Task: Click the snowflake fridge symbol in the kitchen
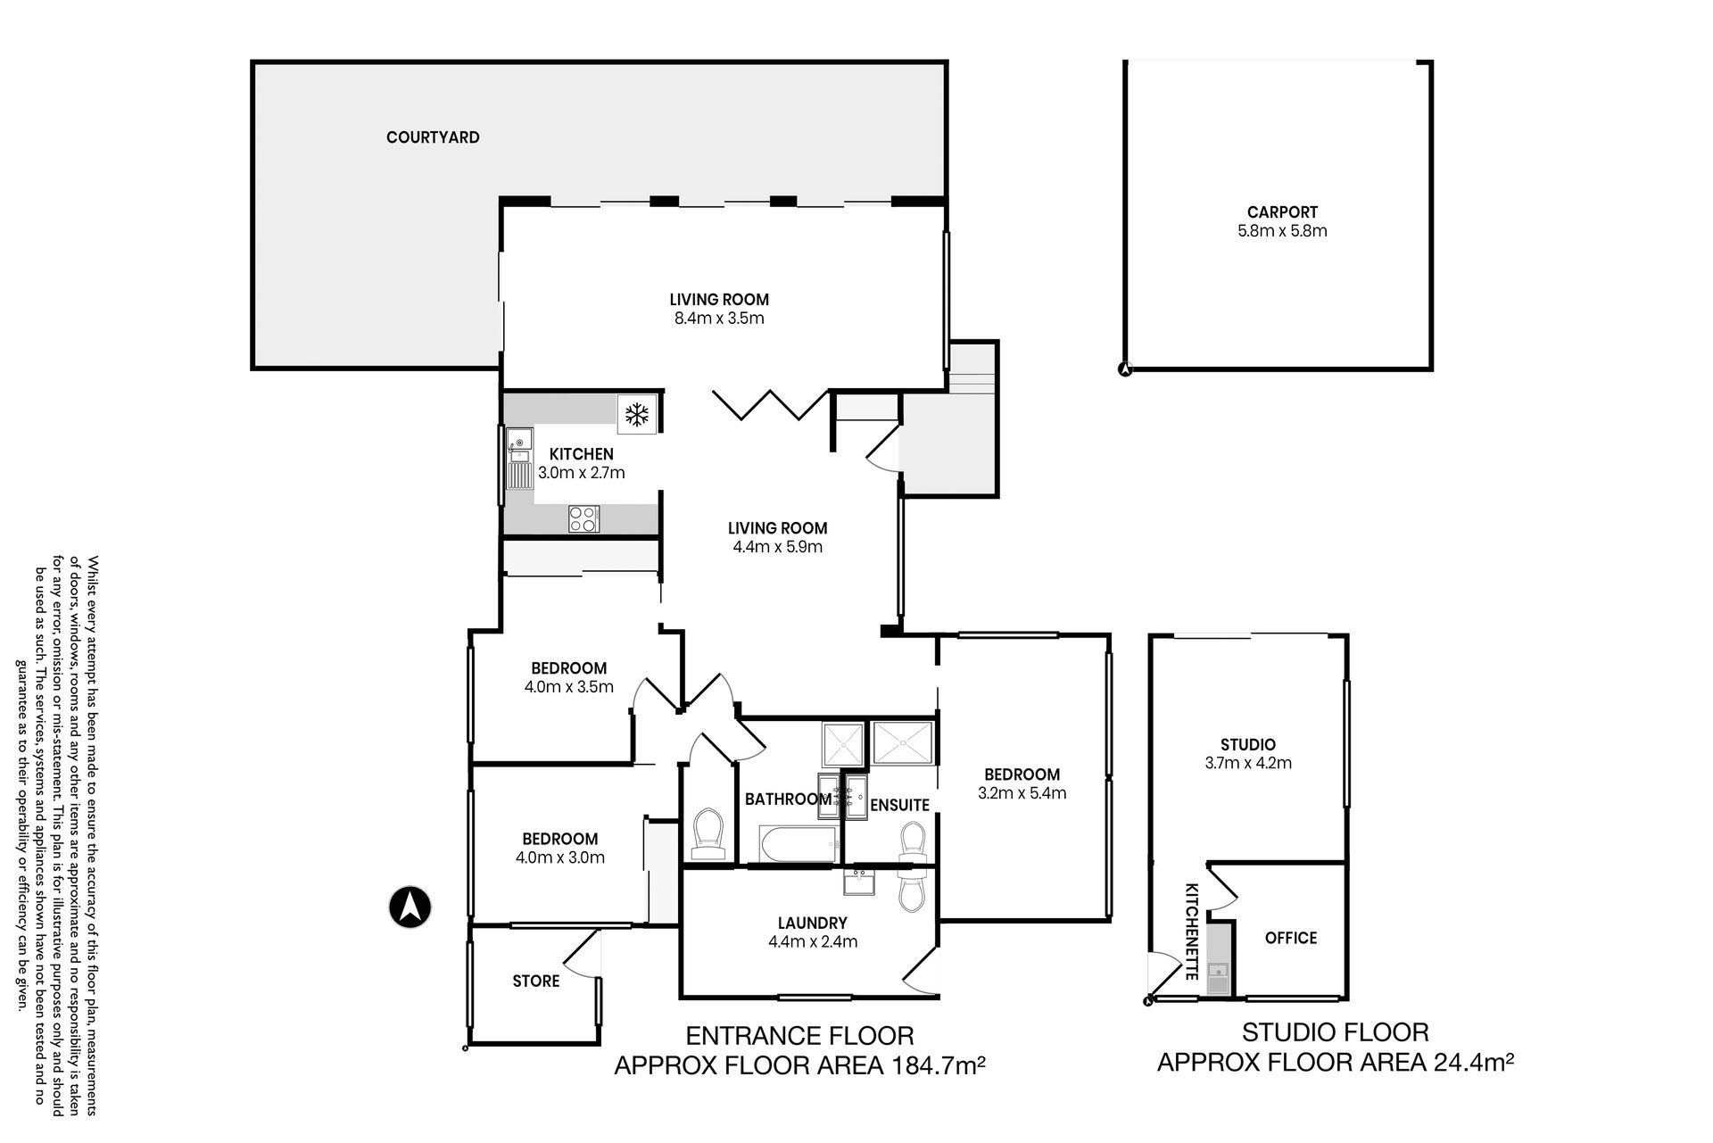[x=636, y=414]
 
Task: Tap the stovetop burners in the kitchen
[x=584, y=518]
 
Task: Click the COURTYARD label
[x=433, y=137]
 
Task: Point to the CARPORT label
[x=1282, y=212]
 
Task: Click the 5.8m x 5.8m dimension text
[x=1282, y=231]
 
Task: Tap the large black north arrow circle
[x=410, y=907]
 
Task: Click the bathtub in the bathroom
[x=799, y=844]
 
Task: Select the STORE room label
[x=536, y=981]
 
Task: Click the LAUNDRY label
[x=812, y=923]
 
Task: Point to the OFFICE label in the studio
[x=1291, y=938]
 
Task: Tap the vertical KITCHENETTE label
[x=1191, y=932]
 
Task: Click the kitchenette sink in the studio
[x=1217, y=970]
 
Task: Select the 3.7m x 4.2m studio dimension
[x=1247, y=763]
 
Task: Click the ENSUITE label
[x=900, y=805]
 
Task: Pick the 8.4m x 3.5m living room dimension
[x=719, y=319]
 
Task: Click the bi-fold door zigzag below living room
[x=771, y=404]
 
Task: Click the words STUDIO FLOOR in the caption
[x=1336, y=1032]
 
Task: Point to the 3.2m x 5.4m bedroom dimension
[x=1022, y=793]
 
